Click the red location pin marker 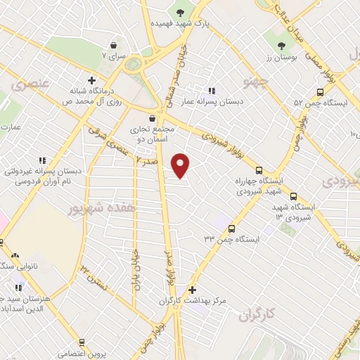pos(181,165)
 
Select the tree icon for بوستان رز pos(281,46)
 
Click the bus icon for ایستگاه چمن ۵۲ pos(320,91)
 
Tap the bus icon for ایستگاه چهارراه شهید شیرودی pos(259,170)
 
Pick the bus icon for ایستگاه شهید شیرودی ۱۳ pos(293,196)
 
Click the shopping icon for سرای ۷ pos(113,43)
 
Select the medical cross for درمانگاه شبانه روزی pos(91,79)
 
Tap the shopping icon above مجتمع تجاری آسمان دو pos(153,119)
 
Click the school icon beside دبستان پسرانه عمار pos(211,91)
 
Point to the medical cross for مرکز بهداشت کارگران pos(192,289)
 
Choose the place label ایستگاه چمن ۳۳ pos(232,239)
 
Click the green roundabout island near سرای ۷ pos(133,65)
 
